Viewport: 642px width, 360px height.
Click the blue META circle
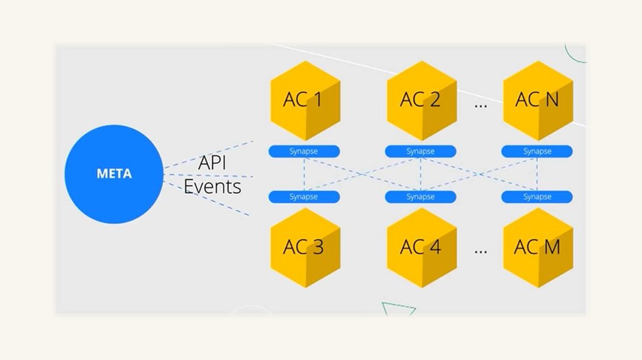point(114,173)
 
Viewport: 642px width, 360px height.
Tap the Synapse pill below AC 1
point(304,151)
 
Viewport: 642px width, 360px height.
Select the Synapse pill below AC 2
point(421,151)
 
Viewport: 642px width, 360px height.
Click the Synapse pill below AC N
point(537,151)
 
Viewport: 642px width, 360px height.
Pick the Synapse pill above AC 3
point(304,197)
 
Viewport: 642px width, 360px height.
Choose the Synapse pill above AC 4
point(421,197)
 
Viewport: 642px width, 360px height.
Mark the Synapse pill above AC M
point(537,197)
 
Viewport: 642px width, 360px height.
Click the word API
point(212,163)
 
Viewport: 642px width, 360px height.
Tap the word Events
point(212,186)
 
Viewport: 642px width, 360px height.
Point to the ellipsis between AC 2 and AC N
point(480,104)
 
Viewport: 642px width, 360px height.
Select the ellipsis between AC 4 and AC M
point(480,251)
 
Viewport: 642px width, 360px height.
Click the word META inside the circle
point(114,174)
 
